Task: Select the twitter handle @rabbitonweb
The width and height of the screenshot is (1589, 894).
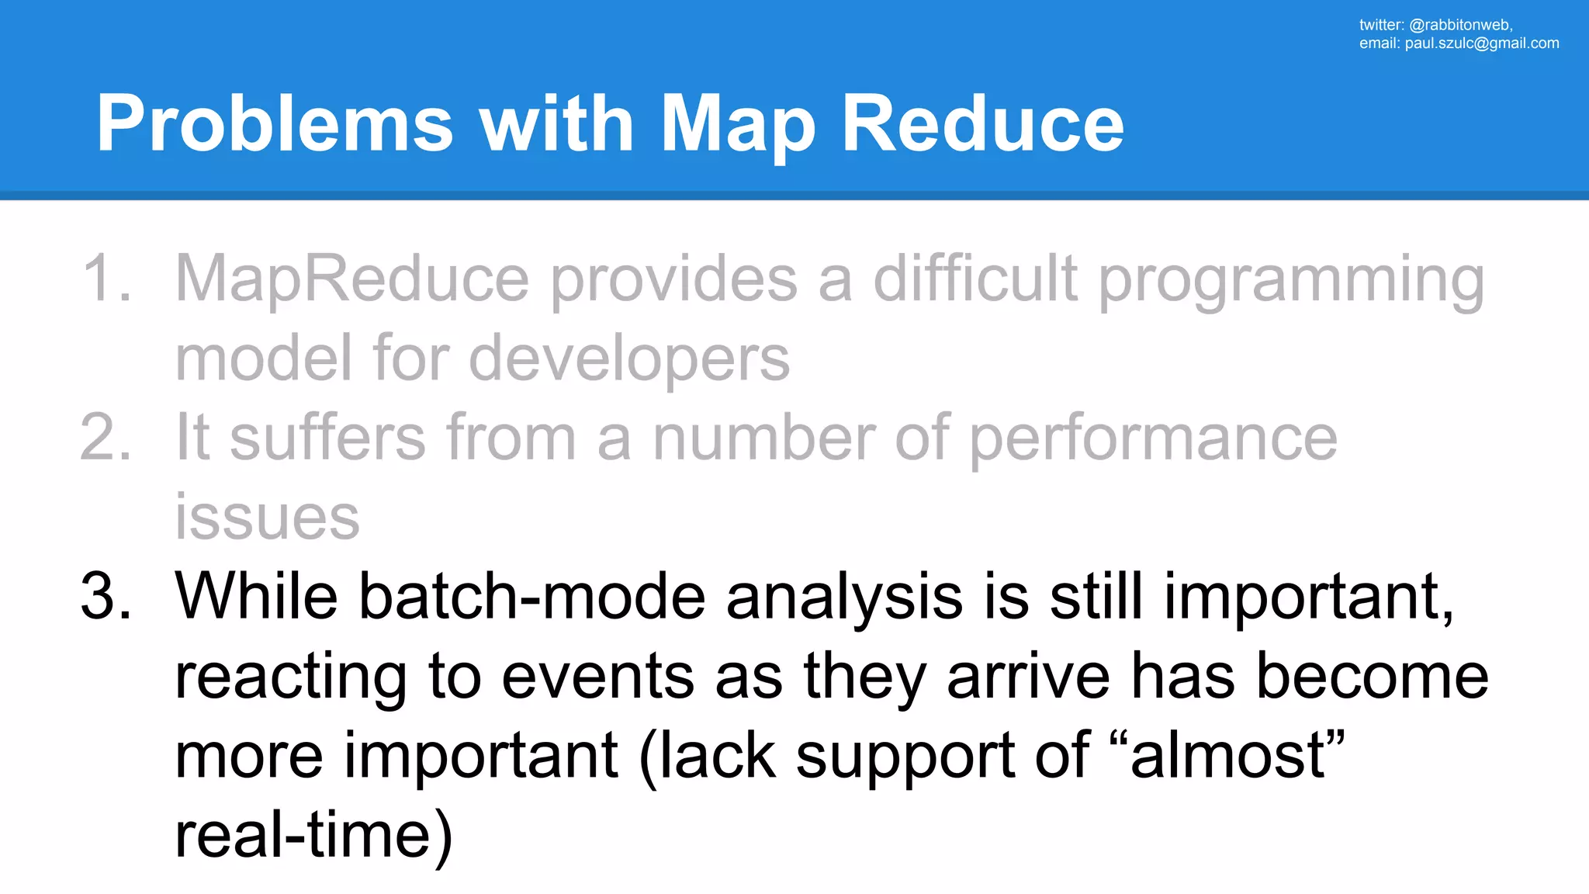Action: click(x=1460, y=25)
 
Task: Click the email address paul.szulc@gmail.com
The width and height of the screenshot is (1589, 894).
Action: click(x=1481, y=43)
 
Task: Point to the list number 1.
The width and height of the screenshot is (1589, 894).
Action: click(x=105, y=278)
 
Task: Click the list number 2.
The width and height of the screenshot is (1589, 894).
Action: click(x=105, y=437)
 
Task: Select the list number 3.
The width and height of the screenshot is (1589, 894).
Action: click(x=105, y=596)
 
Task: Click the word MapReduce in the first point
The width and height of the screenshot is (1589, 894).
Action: click(x=352, y=278)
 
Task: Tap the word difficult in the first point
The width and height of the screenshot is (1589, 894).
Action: click(x=975, y=278)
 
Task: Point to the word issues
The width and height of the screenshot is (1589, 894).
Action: click(x=267, y=518)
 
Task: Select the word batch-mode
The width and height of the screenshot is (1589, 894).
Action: click(x=532, y=596)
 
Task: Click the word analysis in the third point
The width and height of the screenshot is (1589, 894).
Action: click(x=844, y=596)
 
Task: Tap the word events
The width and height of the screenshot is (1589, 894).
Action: click(x=597, y=676)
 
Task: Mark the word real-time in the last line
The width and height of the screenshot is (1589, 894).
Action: click(x=303, y=835)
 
